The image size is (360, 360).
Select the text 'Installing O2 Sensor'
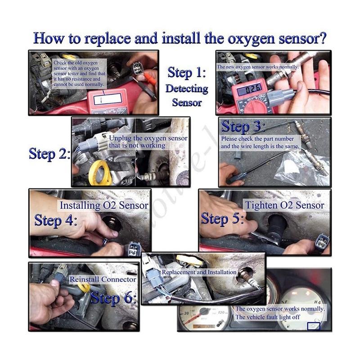104,206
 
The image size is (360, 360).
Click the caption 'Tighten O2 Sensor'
284,205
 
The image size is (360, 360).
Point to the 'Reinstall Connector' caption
103,279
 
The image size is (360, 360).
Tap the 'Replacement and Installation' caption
199,272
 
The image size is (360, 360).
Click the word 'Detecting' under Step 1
187,88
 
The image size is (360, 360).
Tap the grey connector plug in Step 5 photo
322,242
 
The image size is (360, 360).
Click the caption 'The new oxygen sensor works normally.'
258,67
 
